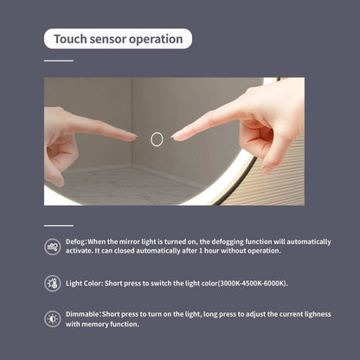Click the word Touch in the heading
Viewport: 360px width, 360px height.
(70, 39)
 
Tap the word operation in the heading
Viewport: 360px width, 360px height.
(156, 40)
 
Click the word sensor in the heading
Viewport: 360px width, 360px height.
(107, 40)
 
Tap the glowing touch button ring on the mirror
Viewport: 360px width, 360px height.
(157, 139)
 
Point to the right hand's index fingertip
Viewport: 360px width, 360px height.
(173, 137)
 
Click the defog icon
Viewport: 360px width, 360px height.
(53, 247)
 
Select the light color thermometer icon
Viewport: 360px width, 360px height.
(53, 283)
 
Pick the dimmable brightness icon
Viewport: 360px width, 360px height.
(53, 319)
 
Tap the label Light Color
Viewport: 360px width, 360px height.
(84, 284)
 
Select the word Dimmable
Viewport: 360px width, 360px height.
(83, 314)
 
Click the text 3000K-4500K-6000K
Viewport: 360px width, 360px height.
(253, 284)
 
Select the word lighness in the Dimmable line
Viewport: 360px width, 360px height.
(317, 314)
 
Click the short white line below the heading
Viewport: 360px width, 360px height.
(59, 61)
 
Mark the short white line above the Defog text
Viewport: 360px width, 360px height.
(59, 226)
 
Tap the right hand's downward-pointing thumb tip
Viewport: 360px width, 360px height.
(266, 170)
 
